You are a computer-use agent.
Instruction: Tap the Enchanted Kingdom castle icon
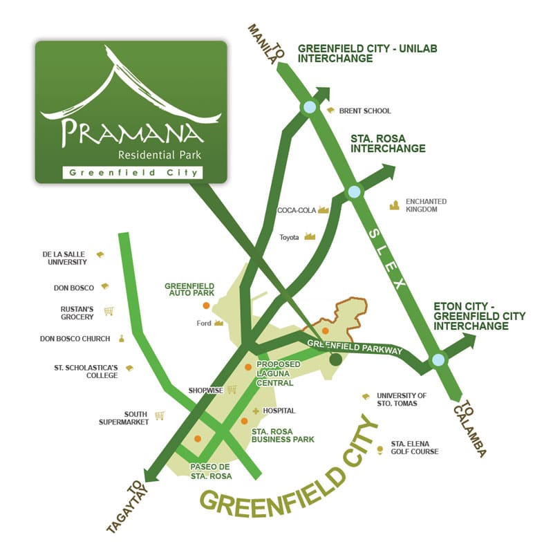[x=395, y=205]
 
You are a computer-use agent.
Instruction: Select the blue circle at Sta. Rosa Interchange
[x=354, y=192]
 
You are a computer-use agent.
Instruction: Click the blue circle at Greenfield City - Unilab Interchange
[x=309, y=107]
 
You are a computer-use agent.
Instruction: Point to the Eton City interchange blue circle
[x=438, y=359]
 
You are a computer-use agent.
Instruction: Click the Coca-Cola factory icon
[x=323, y=209]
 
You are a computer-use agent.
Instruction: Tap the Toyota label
[x=289, y=237]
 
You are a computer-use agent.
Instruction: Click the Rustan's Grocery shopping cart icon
[x=109, y=311]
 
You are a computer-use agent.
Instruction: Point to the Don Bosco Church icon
[x=122, y=338]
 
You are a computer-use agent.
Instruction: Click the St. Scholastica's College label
[x=86, y=371]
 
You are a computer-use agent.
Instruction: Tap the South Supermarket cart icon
[x=160, y=415]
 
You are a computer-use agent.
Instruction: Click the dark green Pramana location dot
[x=336, y=359]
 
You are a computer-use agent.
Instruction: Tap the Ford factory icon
[x=219, y=322]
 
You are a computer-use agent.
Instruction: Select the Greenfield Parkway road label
[x=355, y=346]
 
